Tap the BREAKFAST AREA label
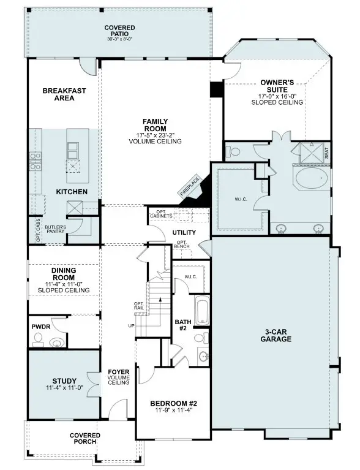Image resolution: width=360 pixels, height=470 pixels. pos(64,95)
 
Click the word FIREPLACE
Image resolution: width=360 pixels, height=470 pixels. pos(190,185)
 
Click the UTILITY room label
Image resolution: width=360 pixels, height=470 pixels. pos(184,233)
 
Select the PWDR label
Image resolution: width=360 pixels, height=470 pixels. pos(41,327)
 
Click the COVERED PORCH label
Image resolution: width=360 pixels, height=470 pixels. pos(85,439)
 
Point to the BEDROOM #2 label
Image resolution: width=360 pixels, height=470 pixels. pos(173,403)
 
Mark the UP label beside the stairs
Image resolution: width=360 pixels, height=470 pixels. pos(131,325)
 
